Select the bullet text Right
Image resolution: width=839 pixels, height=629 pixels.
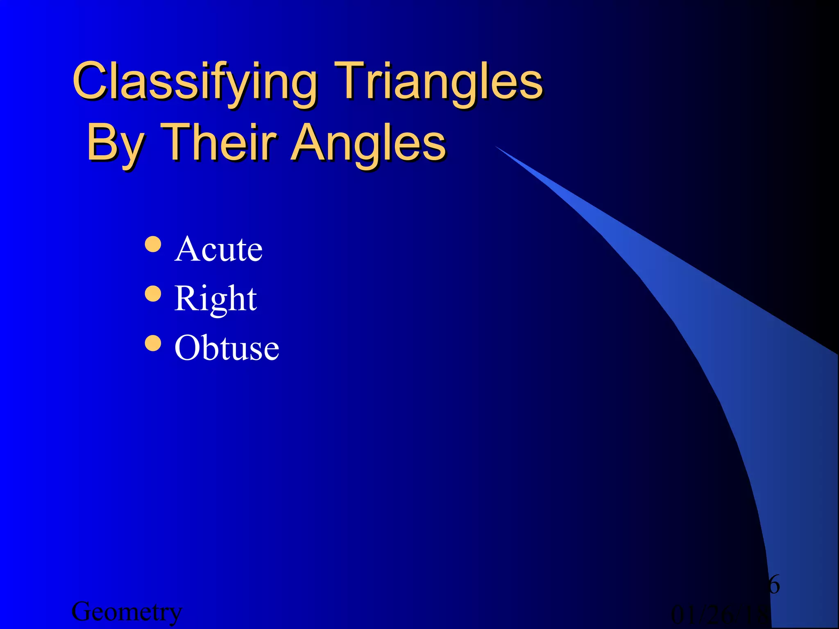coord(215,299)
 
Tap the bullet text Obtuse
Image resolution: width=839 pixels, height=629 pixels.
coord(227,348)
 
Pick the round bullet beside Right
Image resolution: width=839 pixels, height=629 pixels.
coord(153,294)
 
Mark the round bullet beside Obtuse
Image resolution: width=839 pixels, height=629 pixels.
coord(153,343)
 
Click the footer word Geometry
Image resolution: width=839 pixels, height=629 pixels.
coord(127,612)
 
